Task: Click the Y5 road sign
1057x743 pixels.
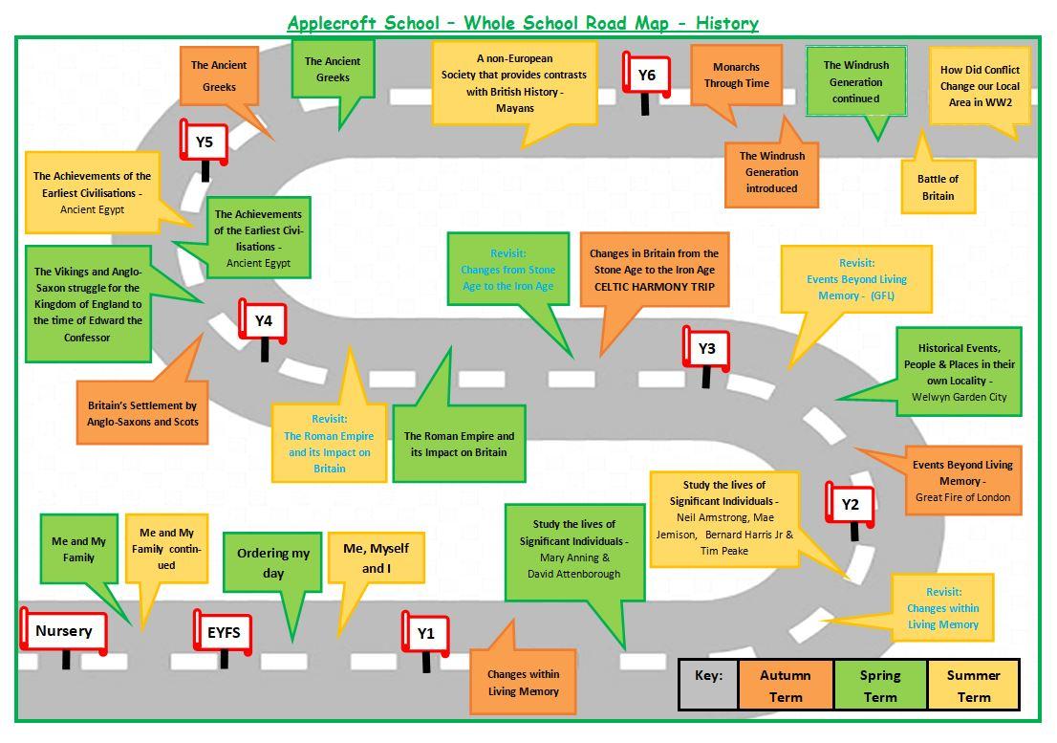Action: [205, 143]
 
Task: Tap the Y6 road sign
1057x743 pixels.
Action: [647, 76]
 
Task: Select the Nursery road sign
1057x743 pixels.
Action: [64, 631]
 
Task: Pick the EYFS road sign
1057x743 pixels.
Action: [224, 632]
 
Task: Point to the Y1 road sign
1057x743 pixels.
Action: [425, 633]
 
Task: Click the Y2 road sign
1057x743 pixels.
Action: [850, 505]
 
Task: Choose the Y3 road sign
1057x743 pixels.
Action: [706, 349]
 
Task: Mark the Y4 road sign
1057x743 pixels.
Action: [264, 321]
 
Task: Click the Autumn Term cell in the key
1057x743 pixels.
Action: [786, 686]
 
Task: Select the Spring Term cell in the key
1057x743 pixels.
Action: [879, 686]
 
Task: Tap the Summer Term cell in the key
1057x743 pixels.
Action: [973, 686]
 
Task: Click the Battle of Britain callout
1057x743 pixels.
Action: [938, 187]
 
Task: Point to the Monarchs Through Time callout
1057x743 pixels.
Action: [737, 76]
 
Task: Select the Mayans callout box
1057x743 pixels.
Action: [514, 83]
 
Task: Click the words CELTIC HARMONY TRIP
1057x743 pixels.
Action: [654, 286]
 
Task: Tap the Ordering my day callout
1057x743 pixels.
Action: [273, 563]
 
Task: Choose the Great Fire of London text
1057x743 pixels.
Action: [961, 497]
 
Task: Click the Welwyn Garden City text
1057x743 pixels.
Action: [959, 397]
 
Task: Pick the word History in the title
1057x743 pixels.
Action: [726, 23]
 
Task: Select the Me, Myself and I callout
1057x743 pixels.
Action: [376, 558]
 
